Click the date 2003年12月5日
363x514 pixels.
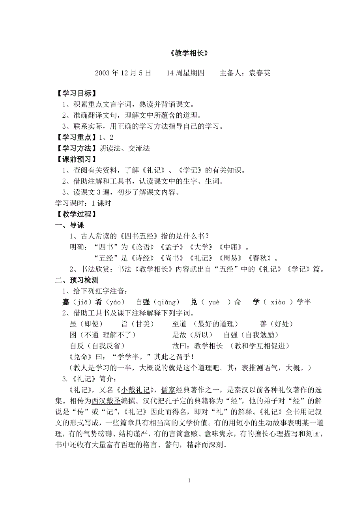point(123,73)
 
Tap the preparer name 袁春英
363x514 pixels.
point(259,73)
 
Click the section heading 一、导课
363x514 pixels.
point(69,225)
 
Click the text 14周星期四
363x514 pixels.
point(185,73)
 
